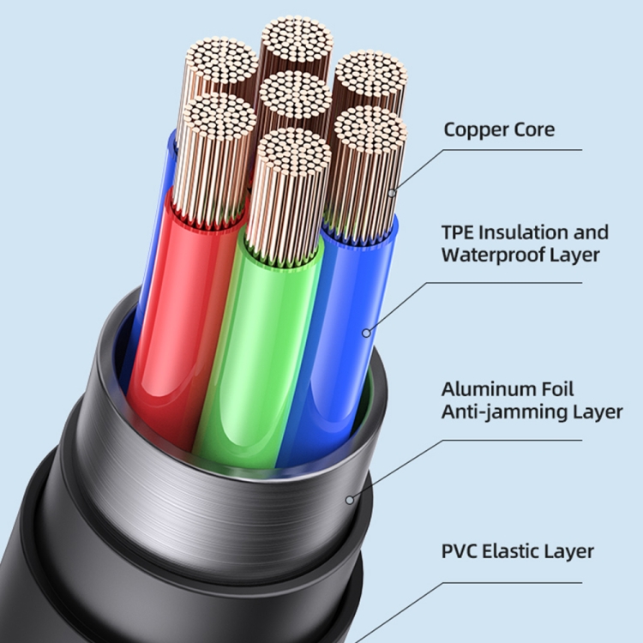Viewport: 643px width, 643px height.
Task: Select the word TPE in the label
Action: pos(457,232)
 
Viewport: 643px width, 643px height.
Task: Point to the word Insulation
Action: pos(524,232)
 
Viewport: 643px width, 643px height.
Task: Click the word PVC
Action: pos(459,551)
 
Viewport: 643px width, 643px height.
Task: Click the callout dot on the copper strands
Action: pos(392,193)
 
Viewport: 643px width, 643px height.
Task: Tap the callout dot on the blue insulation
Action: pos(366,334)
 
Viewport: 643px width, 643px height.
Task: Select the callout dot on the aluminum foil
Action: pos(350,501)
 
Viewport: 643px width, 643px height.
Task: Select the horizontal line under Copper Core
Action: pos(513,150)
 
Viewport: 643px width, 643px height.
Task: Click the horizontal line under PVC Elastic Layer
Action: pos(513,582)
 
